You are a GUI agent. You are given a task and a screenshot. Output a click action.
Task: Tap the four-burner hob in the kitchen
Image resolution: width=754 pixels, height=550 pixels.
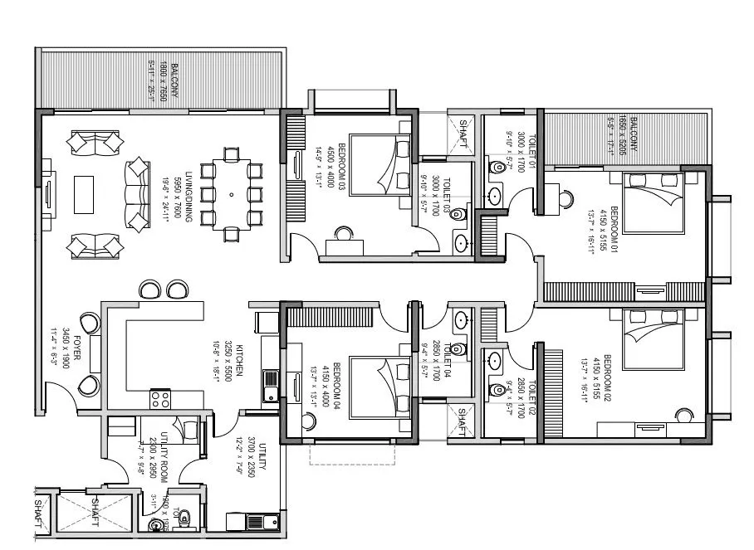point(160,399)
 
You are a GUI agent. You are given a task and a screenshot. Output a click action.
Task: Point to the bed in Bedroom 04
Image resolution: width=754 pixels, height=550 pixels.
point(379,382)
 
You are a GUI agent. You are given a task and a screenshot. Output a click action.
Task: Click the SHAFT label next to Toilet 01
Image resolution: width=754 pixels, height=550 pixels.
point(463,134)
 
